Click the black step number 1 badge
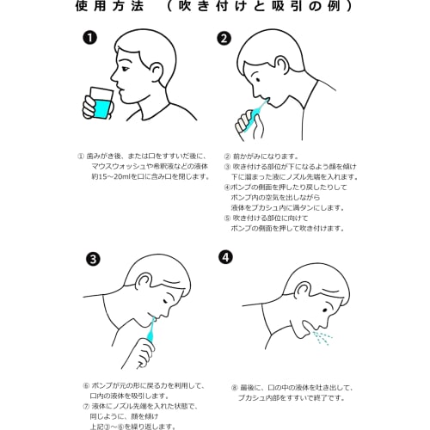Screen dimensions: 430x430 (x=89, y=38)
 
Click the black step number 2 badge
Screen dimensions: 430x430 (x=224, y=39)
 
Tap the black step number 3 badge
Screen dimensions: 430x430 (x=93, y=260)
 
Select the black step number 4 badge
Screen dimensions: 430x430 (x=225, y=257)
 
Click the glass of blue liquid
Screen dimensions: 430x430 (x=101, y=103)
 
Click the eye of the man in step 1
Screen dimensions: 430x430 (x=126, y=69)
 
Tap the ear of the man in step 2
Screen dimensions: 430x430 (x=282, y=64)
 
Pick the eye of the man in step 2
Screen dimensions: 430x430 (x=258, y=80)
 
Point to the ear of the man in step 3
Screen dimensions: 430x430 (x=143, y=281)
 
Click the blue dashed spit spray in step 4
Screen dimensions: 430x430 (x=322, y=338)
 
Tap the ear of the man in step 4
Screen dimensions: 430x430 (x=304, y=290)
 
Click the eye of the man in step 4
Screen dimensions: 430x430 (x=325, y=310)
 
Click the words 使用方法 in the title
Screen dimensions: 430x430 (x=109, y=6)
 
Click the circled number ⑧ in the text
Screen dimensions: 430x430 (x=234, y=388)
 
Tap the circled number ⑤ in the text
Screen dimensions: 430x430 (x=227, y=218)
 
